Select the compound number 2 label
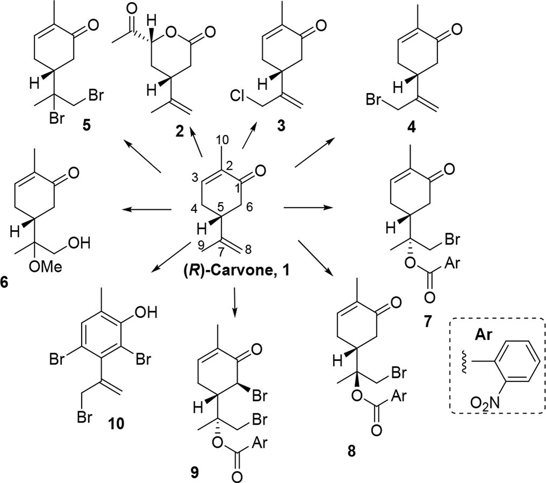pyautogui.click(x=180, y=132)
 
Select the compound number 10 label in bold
pyautogui.click(x=116, y=424)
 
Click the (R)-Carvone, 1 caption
pyautogui.click(x=236, y=271)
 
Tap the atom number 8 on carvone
pyautogui.click(x=247, y=250)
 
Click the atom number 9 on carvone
pyautogui.click(x=201, y=245)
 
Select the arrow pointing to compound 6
pyautogui.click(x=148, y=209)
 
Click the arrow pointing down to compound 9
pyautogui.click(x=235, y=302)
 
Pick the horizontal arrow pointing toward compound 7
pyautogui.click(x=309, y=208)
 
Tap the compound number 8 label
pyautogui.click(x=352, y=451)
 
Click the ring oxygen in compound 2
pyautogui.click(x=170, y=34)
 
